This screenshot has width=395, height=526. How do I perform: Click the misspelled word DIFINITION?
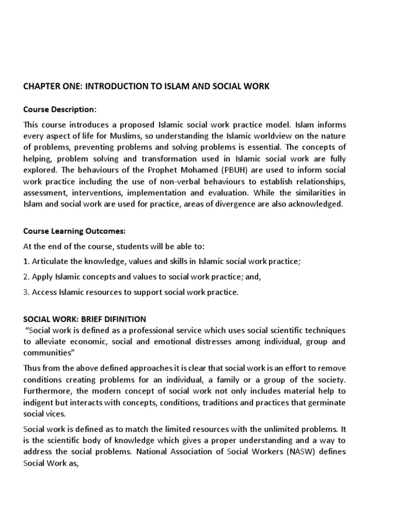[124, 319]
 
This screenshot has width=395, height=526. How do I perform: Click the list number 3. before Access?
[27, 292]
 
